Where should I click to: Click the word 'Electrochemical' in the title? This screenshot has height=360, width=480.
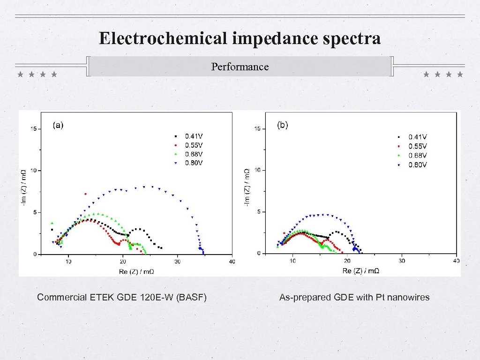pyautogui.click(x=163, y=38)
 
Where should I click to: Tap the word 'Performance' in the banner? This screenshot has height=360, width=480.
pyautogui.click(x=240, y=67)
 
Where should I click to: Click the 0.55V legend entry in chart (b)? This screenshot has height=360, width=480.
pyautogui.click(x=413, y=146)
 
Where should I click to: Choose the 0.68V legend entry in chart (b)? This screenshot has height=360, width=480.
pyautogui.click(x=413, y=155)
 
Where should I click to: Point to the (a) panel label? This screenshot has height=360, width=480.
pyautogui.click(x=58, y=125)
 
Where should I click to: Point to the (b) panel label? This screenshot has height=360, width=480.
pyautogui.click(x=283, y=125)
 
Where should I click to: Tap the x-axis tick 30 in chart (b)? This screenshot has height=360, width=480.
pyautogui.click(x=402, y=261)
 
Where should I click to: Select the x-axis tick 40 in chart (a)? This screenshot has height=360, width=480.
pyautogui.click(x=231, y=261)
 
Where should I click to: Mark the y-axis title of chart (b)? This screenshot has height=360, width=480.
pyautogui.click(x=247, y=186)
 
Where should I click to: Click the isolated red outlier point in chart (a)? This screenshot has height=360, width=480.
pyautogui.click(x=85, y=194)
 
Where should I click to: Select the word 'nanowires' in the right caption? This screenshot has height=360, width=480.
pyautogui.click(x=407, y=297)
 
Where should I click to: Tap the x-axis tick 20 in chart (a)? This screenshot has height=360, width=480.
pyautogui.click(x=123, y=261)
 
